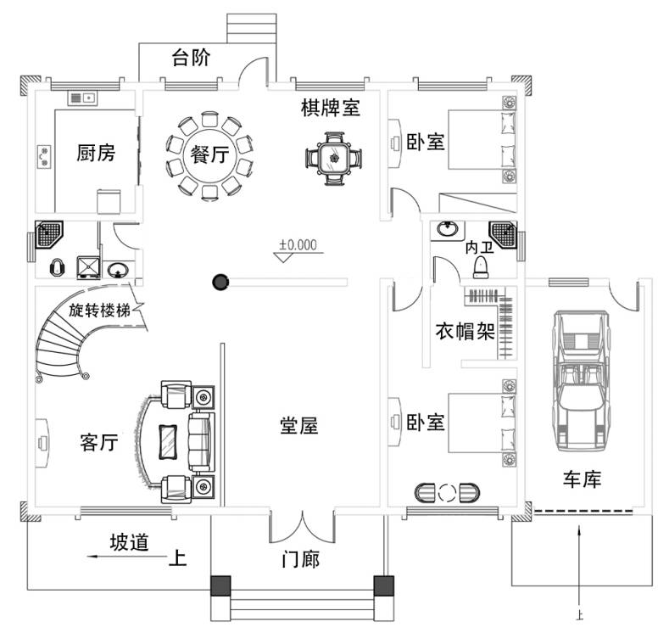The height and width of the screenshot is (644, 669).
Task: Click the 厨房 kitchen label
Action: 96,153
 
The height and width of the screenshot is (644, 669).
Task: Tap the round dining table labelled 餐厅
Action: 209,155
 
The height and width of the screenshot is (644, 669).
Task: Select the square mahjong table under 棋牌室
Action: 334,159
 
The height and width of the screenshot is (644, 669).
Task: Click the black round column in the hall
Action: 220,282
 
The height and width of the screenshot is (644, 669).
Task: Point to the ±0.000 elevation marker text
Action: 298,244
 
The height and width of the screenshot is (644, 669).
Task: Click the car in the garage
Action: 581,380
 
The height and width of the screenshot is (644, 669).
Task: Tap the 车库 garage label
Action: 582,479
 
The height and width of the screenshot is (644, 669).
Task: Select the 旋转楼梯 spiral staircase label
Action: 100,310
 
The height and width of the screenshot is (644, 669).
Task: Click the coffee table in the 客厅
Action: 168,442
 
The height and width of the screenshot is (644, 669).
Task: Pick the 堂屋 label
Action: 298,426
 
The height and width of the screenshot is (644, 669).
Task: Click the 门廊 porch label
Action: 301,559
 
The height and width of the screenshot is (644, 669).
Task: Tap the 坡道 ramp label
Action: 129,542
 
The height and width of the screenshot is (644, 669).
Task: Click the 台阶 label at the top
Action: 191,58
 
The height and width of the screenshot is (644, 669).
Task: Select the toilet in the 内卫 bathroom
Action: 481,267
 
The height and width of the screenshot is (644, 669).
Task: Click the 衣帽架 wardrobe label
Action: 465,331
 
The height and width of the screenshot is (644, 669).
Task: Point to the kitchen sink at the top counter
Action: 82,98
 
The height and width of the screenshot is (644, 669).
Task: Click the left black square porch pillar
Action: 220,585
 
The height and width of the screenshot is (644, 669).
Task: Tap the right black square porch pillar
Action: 383,585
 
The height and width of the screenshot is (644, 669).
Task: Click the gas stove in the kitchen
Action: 44,157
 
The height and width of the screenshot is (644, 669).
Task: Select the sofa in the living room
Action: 201,442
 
